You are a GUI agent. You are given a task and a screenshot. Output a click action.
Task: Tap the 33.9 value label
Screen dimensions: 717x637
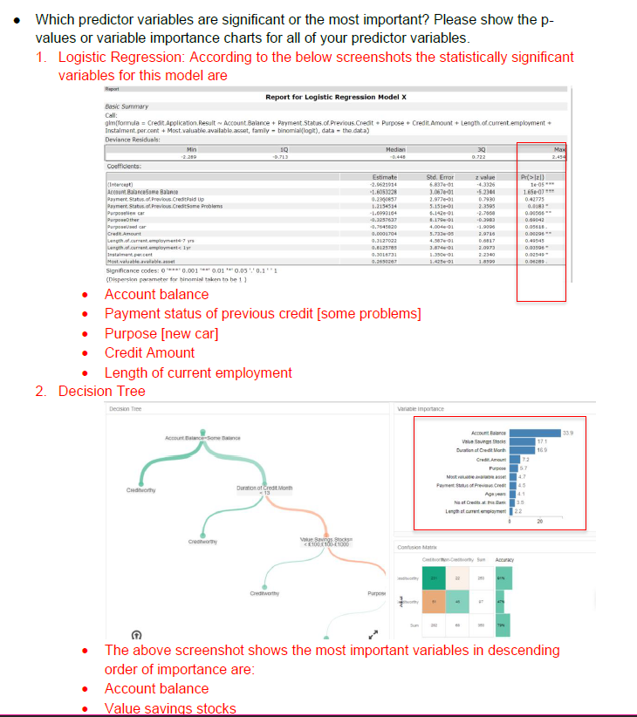click(568, 433)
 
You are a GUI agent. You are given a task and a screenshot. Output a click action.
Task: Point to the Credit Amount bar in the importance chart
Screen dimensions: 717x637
click(515, 459)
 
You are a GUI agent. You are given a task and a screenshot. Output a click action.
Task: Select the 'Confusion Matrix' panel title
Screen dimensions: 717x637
click(418, 547)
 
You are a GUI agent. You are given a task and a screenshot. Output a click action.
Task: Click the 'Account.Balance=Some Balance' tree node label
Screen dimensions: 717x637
click(196, 437)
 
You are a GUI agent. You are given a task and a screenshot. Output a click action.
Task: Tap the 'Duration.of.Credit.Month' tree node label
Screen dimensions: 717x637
click(266, 488)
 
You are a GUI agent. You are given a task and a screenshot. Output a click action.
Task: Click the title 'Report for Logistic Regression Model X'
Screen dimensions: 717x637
click(336, 96)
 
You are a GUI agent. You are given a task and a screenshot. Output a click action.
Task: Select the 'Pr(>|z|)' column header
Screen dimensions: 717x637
click(532, 177)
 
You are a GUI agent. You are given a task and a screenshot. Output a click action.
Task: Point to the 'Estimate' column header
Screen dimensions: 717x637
click(383, 177)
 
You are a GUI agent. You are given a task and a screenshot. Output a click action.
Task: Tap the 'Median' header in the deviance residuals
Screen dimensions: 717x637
click(396, 150)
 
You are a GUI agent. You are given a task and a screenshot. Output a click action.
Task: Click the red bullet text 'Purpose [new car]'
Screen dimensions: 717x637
click(161, 333)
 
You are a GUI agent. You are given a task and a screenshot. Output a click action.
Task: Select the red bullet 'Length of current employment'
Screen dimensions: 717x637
click(198, 372)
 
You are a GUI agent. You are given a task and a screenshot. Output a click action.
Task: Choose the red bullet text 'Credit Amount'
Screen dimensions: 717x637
click(149, 352)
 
